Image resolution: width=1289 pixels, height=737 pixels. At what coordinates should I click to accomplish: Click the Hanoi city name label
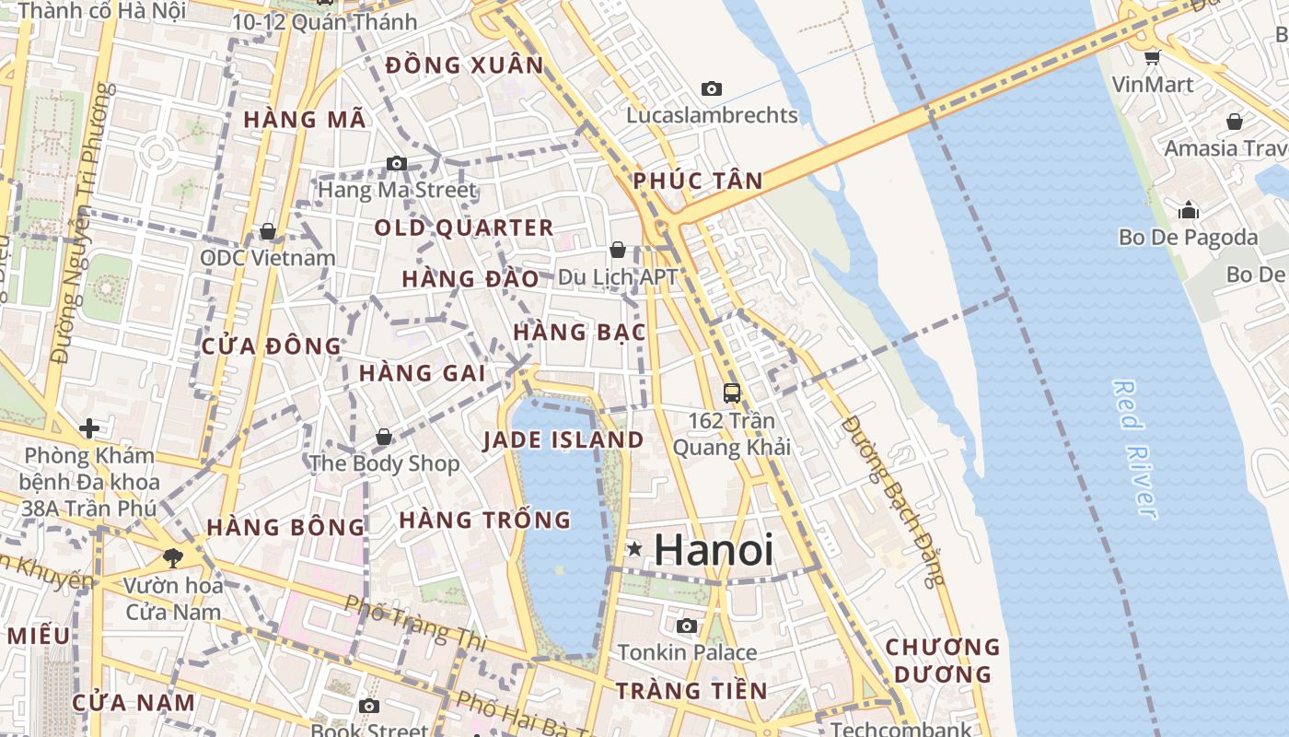coord(714,550)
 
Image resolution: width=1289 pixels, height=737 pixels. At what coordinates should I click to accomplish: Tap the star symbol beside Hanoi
coord(634,549)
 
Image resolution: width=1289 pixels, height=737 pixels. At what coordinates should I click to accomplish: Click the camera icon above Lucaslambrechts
coord(711,89)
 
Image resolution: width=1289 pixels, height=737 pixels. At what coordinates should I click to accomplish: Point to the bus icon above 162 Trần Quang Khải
coord(732,393)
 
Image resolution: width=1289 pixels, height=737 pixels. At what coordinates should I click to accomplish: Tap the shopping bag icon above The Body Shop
coord(384,437)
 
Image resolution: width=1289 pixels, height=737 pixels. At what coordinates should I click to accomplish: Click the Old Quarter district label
coord(464,228)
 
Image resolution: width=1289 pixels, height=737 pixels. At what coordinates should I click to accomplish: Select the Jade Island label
coord(563,439)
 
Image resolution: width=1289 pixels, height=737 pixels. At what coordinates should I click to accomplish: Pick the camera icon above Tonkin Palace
coord(686,626)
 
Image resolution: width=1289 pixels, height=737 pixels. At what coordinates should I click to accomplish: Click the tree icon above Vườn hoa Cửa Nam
coord(172,557)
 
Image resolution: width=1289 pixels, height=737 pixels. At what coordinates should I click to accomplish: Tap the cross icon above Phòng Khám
coord(89,428)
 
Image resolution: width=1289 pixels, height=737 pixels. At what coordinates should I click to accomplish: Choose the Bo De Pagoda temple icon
coord(1189,210)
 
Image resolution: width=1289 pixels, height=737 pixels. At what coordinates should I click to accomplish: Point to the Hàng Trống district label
coord(485,520)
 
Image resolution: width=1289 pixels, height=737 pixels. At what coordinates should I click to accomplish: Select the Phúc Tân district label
coord(698,181)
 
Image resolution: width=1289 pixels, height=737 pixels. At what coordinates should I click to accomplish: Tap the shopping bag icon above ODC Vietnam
coord(268,231)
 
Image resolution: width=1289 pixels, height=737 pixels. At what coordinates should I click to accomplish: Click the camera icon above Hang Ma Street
coord(397,164)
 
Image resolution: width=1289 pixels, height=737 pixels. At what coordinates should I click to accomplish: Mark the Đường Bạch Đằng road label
coord(893,501)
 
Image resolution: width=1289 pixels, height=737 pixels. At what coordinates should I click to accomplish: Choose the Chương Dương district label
coord(943,661)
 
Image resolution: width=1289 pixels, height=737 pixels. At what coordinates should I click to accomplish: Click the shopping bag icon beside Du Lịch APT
coord(618,250)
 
